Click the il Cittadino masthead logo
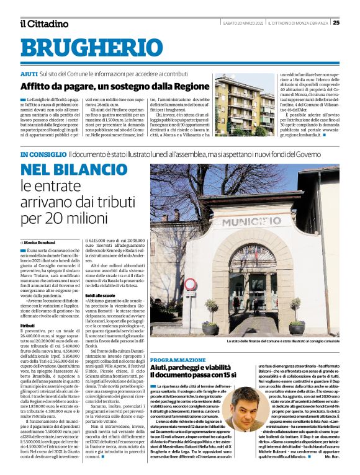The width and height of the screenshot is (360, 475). [44, 24]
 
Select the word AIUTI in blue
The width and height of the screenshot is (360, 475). [29, 74]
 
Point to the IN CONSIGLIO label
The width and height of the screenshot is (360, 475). [42, 154]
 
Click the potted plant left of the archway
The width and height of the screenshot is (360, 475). [210, 326]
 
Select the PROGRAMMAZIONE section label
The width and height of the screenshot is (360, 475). [177, 360]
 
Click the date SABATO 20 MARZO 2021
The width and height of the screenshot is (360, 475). [243, 23]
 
